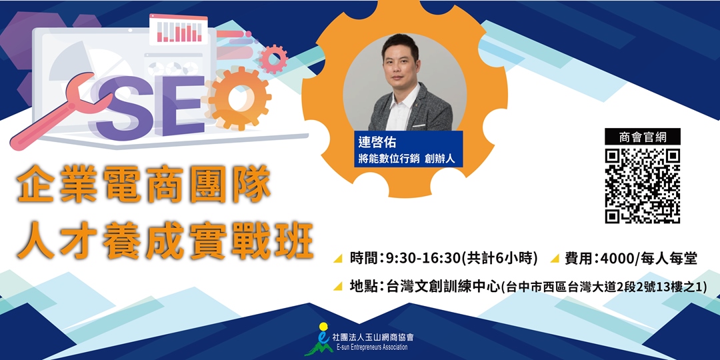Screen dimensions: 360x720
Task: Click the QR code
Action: (x=642, y=186)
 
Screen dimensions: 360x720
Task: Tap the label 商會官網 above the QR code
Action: (x=642, y=137)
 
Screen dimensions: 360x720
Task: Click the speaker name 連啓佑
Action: (x=376, y=144)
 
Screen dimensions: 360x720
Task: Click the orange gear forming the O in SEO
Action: (x=239, y=98)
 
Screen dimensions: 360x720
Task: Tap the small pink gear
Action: (x=273, y=59)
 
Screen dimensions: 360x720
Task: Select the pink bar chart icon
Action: (x=178, y=29)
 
